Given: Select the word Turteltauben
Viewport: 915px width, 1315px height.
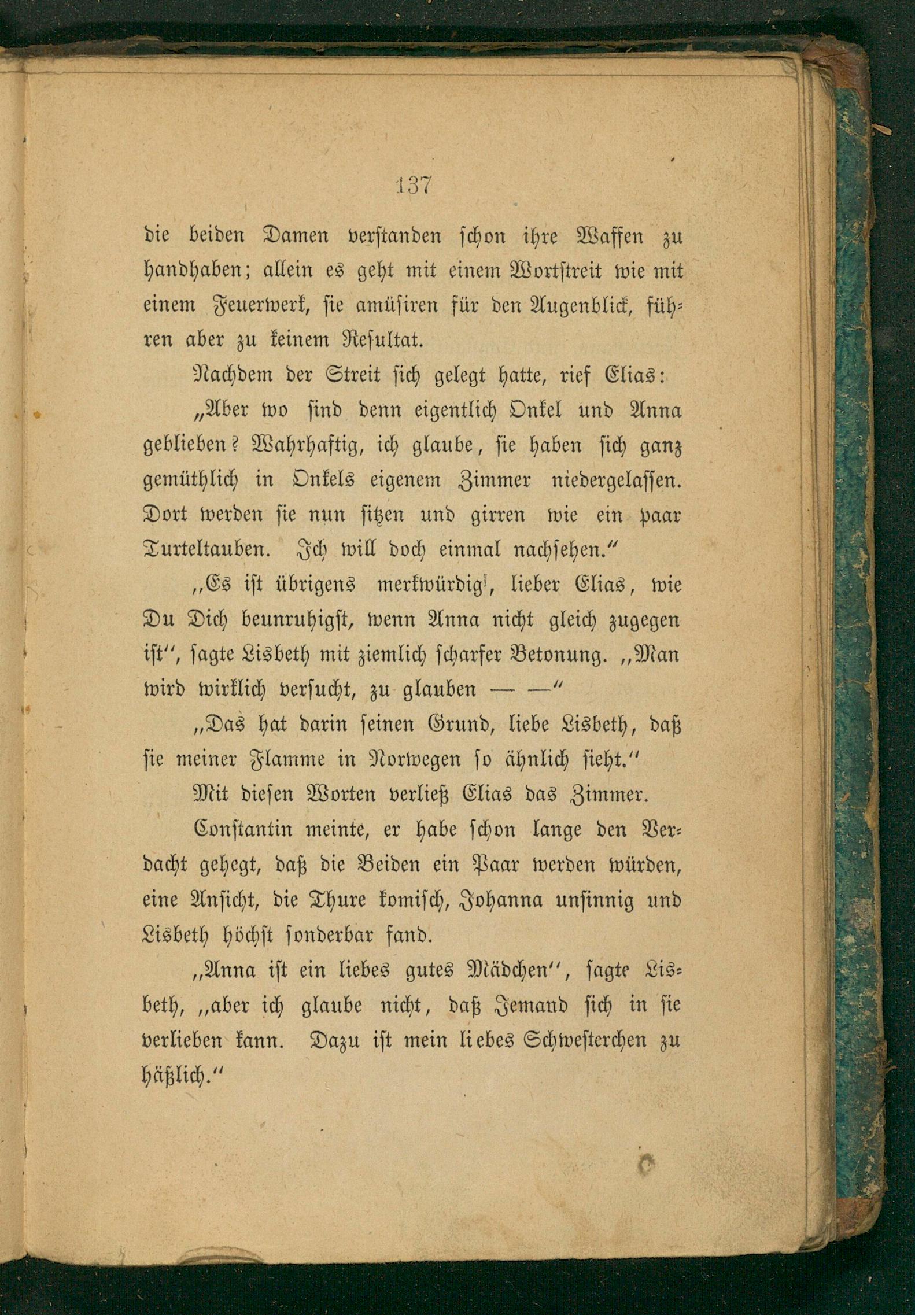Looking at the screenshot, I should coord(206,549).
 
